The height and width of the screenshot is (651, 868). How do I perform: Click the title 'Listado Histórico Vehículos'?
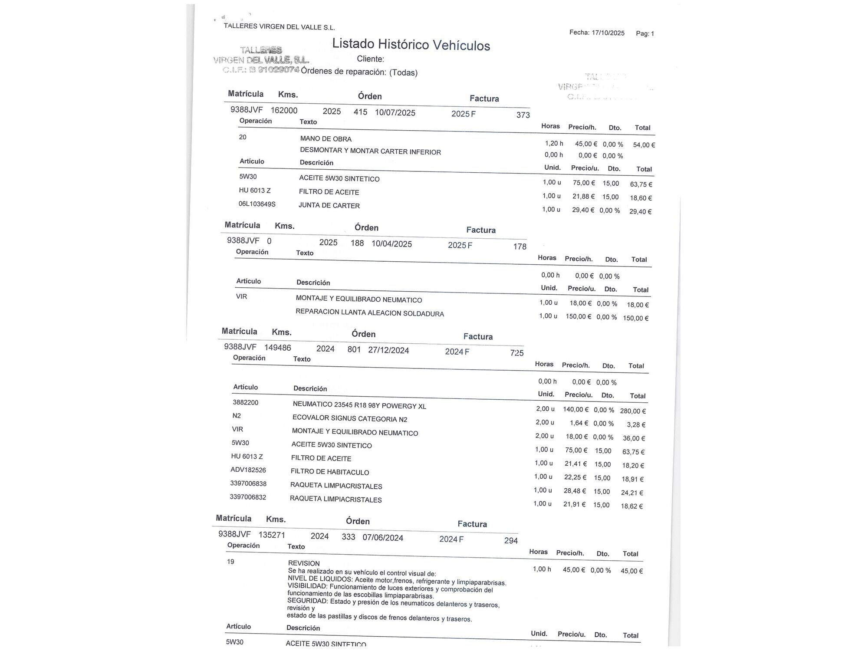point(411,44)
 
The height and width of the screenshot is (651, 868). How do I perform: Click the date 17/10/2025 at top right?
point(608,33)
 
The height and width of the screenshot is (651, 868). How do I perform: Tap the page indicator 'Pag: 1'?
point(645,33)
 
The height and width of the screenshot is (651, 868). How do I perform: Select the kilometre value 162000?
point(284,110)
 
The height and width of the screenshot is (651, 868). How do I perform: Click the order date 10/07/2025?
point(395,113)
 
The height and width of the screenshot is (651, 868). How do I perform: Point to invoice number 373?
point(523,115)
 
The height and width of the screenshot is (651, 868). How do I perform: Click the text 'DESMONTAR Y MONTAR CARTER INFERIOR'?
point(370,151)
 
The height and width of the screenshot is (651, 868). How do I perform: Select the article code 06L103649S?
point(257,204)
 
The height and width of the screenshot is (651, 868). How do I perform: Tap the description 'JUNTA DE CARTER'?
point(329,206)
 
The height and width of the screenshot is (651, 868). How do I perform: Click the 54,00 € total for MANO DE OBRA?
point(644,145)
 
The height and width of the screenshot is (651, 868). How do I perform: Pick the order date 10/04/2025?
point(391,244)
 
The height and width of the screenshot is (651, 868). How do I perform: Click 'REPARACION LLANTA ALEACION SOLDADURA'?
point(370,313)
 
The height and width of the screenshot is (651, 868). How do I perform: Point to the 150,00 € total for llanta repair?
point(635,318)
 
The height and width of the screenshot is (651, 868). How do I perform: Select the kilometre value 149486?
point(278,348)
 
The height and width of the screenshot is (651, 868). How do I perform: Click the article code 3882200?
point(246,402)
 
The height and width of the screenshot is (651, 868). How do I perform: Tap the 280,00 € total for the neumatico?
point(633,411)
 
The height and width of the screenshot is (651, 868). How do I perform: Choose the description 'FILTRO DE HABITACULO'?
point(330,472)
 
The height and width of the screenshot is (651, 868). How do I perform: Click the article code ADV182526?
point(248,470)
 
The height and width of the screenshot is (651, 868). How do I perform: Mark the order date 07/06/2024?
point(383,538)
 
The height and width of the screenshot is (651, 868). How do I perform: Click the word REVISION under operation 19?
point(304,563)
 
